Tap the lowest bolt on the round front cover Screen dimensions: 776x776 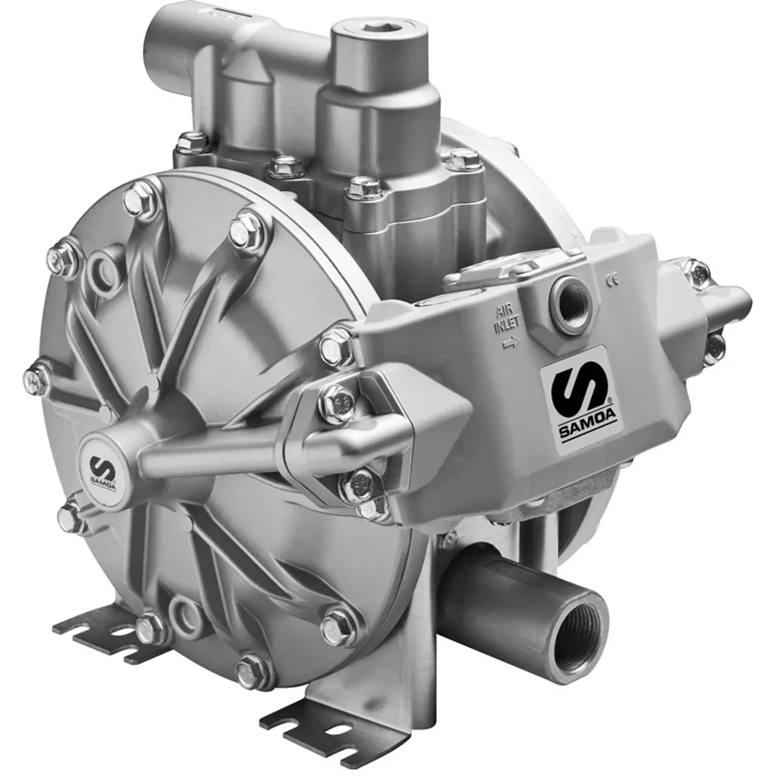click(253, 668)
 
